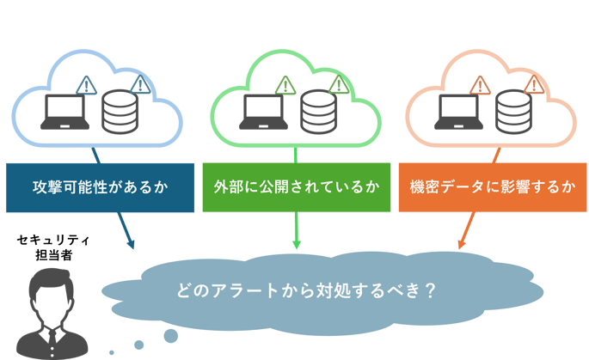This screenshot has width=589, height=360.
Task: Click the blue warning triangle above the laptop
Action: [86, 84]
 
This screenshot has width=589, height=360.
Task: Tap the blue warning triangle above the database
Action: [140, 84]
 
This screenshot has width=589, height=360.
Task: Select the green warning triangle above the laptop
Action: [285, 84]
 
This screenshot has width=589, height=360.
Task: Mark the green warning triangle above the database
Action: [339, 84]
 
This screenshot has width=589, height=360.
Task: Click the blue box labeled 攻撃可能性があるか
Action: [100, 186]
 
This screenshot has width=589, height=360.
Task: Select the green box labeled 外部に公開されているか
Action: [296, 186]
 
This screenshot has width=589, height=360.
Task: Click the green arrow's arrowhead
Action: [296, 245]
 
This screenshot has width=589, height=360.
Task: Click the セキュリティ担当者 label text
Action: [53, 248]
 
